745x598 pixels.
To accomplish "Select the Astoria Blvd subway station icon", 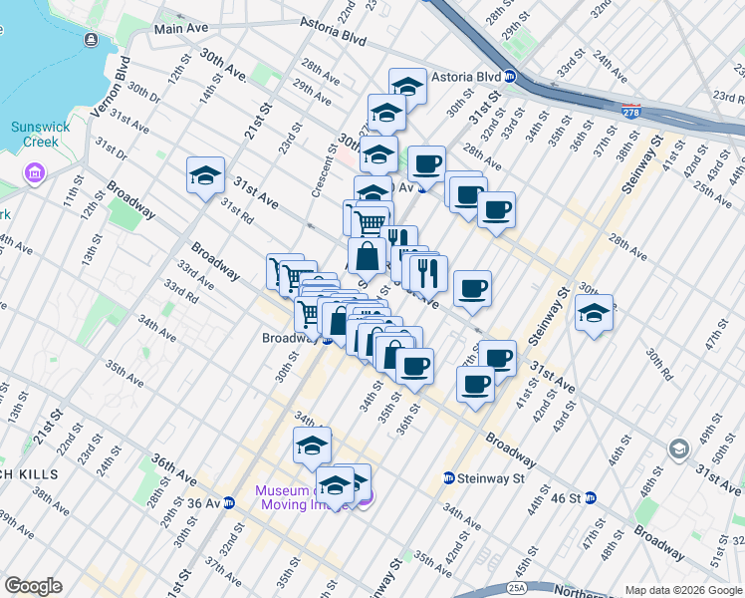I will pos(510,76).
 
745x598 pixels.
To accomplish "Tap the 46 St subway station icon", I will pos(591,497).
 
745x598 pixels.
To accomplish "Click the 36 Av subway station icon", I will pos(229,503).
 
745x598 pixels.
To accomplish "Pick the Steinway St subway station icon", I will pos(449,478).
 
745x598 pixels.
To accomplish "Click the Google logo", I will pos(33,586).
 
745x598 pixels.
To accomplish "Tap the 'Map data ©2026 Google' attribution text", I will pos(683,590).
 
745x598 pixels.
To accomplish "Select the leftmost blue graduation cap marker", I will pos(205,175).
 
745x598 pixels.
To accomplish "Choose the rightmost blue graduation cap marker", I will pos(594,312).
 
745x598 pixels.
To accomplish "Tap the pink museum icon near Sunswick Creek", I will pos(35,175).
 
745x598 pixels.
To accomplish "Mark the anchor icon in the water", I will pos(92,39).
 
